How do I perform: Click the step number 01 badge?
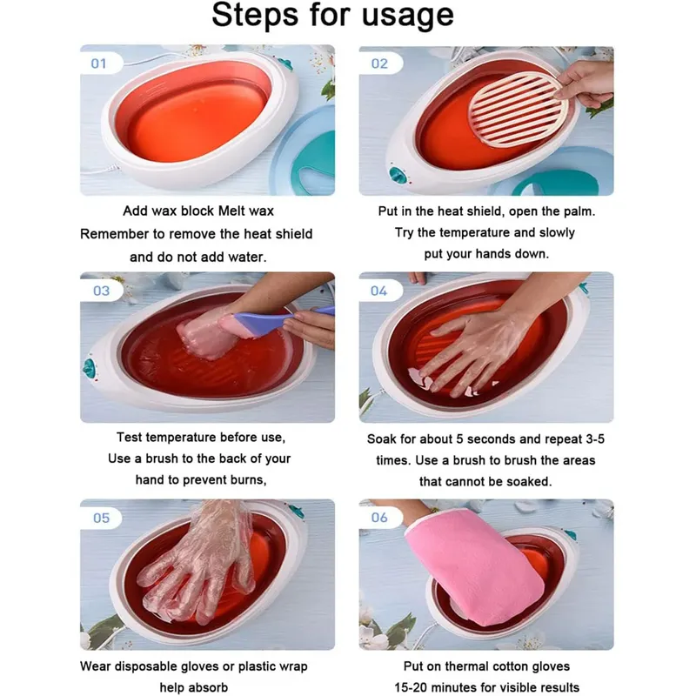coord(100,64)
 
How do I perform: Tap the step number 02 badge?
coord(380,64)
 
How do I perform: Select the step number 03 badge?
coord(101,291)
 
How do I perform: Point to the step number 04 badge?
coord(379,291)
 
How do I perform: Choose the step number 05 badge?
coord(101,518)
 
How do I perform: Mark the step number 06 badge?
coord(380,517)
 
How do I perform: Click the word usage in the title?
coord(408,16)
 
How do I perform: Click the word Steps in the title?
coord(255,15)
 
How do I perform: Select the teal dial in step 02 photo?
coord(398,175)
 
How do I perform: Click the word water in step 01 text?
coord(246,257)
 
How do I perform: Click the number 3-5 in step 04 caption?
coord(595,439)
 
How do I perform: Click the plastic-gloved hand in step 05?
coord(200,564)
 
